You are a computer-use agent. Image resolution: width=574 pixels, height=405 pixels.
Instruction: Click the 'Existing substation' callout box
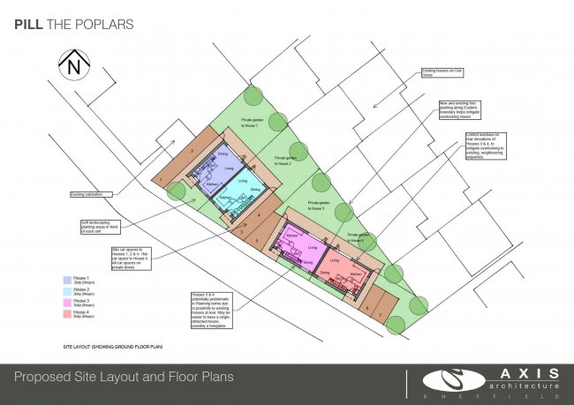pos(92,194)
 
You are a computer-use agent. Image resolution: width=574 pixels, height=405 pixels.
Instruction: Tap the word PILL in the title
pos(26,25)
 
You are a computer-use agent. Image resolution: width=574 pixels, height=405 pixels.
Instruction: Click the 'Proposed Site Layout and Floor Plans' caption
pos(124,377)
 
